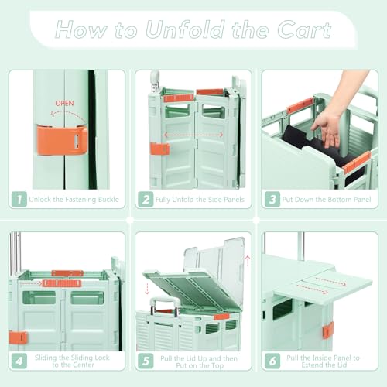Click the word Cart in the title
click(x=304, y=32)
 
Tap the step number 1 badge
click(x=19, y=200)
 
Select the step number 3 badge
click(x=272, y=200)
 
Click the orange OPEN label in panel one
click(x=66, y=103)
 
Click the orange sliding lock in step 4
click(x=62, y=283)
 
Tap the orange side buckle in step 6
click(x=327, y=330)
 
